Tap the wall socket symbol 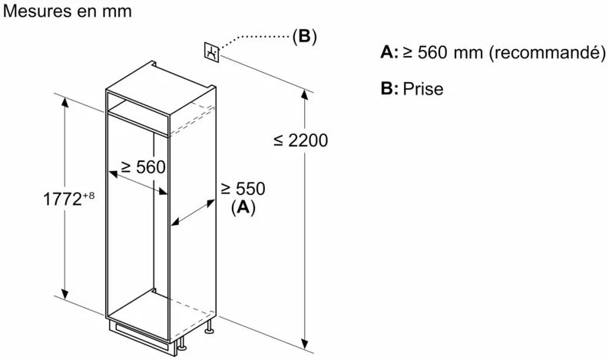[212, 52]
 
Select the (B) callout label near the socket [305, 36]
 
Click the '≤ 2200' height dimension [300, 140]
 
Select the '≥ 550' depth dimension [243, 189]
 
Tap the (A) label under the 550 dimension [243, 207]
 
